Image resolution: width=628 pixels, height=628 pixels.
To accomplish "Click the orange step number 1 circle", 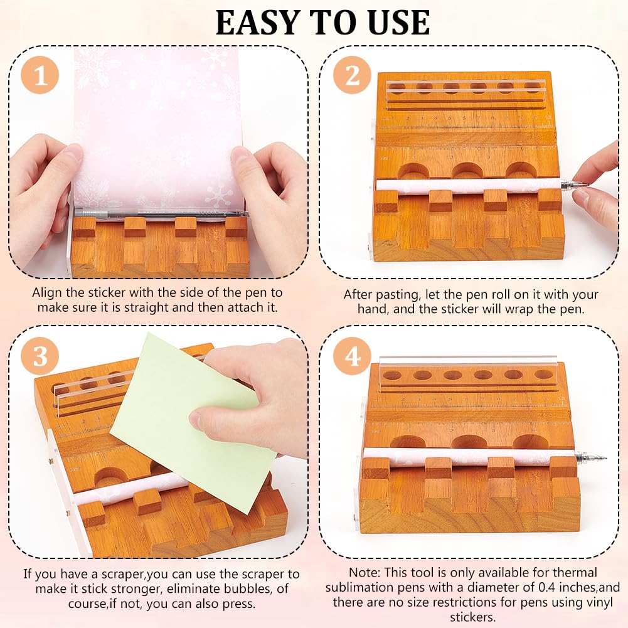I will pyautogui.click(x=41, y=77).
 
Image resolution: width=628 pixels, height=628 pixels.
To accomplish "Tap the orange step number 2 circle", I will pyautogui.click(x=353, y=77).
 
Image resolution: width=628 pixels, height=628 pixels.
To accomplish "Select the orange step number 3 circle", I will pyautogui.click(x=41, y=356).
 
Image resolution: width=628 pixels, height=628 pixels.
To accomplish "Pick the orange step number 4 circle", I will pyautogui.click(x=353, y=356).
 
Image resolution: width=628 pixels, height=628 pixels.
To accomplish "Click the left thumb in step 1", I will pyautogui.click(x=60, y=157).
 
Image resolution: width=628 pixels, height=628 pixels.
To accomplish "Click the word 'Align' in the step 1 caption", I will pyautogui.click(x=47, y=293).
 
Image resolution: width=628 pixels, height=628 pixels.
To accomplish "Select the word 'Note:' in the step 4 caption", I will pyautogui.click(x=365, y=572).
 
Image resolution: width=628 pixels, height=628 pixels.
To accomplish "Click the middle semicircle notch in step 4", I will pyautogui.click(x=469, y=442).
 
